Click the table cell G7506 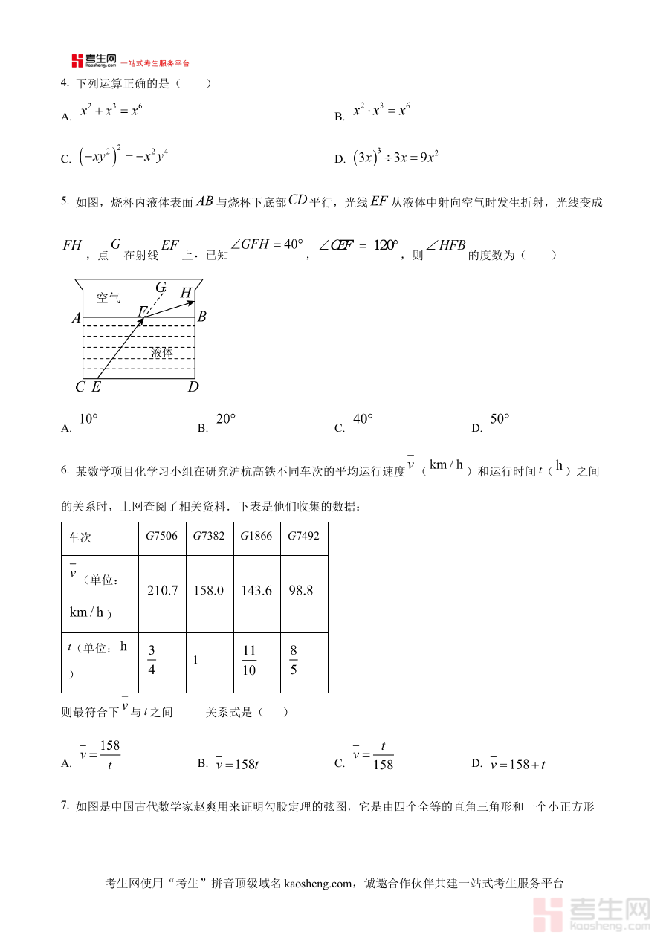click(x=161, y=536)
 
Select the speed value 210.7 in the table click(x=163, y=591)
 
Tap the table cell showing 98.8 click(x=300, y=591)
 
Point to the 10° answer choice click(x=88, y=419)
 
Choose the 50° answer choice click(x=500, y=419)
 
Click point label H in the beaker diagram click(x=186, y=293)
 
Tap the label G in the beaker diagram click(x=161, y=287)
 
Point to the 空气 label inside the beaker click(x=109, y=298)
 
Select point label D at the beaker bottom click(x=193, y=386)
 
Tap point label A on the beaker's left click(x=76, y=318)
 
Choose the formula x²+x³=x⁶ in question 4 click(x=111, y=111)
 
